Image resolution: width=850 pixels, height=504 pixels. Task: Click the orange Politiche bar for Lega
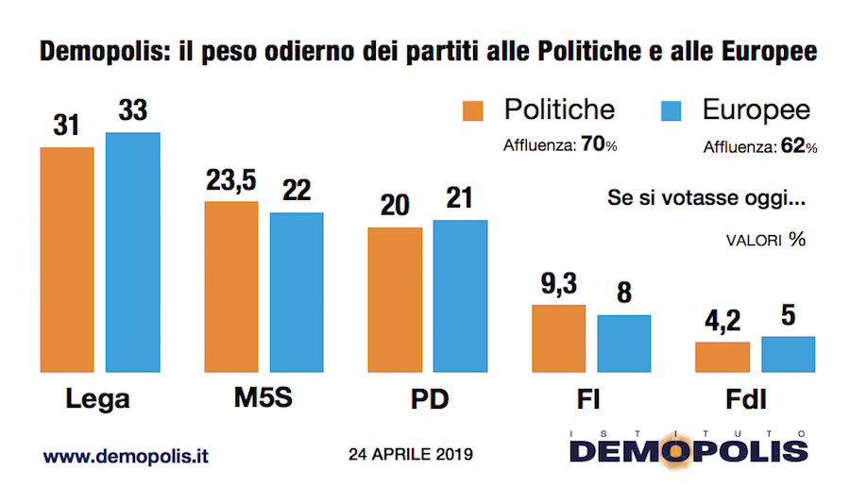[66, 260]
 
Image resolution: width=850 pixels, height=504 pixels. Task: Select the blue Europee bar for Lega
[132, 252]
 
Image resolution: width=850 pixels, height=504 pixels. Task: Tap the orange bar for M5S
[230, 287]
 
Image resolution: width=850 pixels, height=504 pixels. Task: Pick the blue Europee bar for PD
[460, 296]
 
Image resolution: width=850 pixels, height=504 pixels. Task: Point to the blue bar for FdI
[788, 354]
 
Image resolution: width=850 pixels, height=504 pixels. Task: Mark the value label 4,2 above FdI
[722, 323]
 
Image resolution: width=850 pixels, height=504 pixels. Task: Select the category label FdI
[755, 399]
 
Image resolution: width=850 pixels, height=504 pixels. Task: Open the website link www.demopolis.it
[126, 456]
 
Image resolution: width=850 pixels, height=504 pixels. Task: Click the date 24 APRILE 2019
[410, 454]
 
